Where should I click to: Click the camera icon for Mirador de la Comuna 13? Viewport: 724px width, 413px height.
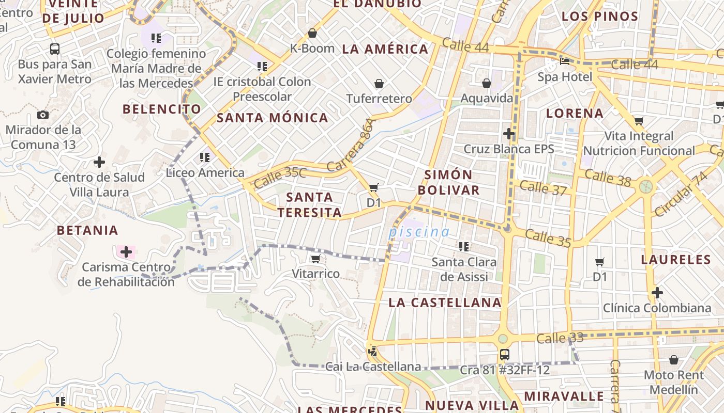tap(43, 115)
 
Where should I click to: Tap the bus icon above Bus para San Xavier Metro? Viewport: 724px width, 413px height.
tap(54, 49)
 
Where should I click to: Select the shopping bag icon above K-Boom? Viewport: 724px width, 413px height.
tap(312, 34)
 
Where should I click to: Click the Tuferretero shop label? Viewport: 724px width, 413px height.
tap(379, 99)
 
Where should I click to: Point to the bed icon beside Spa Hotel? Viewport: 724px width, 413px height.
tap(565, 61)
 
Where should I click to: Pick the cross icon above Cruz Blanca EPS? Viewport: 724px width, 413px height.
tap(509, 134)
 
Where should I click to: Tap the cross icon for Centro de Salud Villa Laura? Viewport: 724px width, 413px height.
tap(99, 162)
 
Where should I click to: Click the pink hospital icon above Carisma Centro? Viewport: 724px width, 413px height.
tap(126, 252)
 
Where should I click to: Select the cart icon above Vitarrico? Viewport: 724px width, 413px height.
tap(316, 258)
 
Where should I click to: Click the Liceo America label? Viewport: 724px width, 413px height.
tap(205, 172)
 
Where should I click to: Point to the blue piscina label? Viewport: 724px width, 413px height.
tap(419, 232)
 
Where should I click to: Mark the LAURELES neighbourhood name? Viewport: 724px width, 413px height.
tap(676, 259)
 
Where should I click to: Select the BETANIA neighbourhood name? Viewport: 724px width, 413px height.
tap(87, 230)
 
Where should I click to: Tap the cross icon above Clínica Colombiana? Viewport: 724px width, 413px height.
tap(657, 293)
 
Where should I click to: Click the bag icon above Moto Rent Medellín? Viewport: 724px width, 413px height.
tap(674, 359)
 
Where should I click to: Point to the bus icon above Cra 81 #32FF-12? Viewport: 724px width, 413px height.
tap(505, 355)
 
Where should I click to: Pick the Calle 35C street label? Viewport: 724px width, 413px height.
tap(280, 177)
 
